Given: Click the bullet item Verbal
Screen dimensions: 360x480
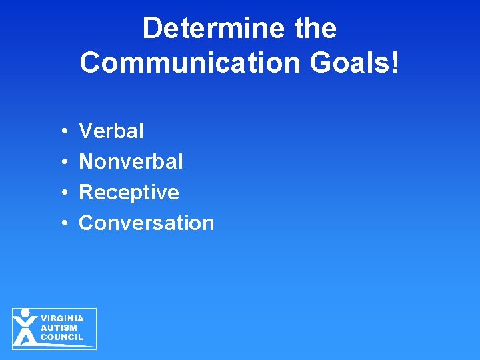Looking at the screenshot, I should [x=111, y=131].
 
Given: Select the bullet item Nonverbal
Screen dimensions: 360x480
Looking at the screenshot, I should [x=131, y=161].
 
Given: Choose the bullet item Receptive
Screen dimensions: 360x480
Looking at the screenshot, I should [x=129, y=193].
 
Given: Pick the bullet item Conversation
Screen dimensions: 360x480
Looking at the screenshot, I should [x=147, y=223].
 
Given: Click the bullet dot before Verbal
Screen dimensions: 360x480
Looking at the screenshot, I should [x=61, y=132].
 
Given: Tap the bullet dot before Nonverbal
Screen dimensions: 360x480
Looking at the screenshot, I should [x=61, y=162].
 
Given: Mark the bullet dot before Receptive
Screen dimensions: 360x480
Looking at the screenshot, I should [x=61, y=193].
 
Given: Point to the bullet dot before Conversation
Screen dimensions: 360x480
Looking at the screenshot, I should [x=61, y=223].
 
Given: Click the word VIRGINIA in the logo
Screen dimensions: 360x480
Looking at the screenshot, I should [x=62, y=319].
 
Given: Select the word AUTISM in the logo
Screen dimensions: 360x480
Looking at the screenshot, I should [x=59, y=328].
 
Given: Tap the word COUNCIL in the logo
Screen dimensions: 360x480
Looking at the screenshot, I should [x=62, y=337].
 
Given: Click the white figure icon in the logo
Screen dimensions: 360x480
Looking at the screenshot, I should [x=25, y=329].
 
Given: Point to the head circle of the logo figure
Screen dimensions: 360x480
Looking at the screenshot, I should [x=25, y=313].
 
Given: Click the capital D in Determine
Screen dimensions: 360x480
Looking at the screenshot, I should [x=152, y=29].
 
